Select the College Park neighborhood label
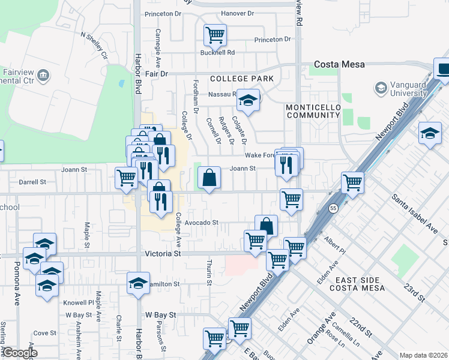[241, 79]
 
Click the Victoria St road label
[163, 254]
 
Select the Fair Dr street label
[155, 73]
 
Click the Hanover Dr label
[238, 13]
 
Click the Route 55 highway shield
[332, 208]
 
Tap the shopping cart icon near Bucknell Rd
[214, 35]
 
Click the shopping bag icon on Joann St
[208, 178]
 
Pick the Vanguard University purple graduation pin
[381, 89]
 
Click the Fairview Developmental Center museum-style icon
[43, 76]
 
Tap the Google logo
[19, 353]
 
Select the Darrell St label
[32, 182]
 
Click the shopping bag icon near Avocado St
[266, 226]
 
